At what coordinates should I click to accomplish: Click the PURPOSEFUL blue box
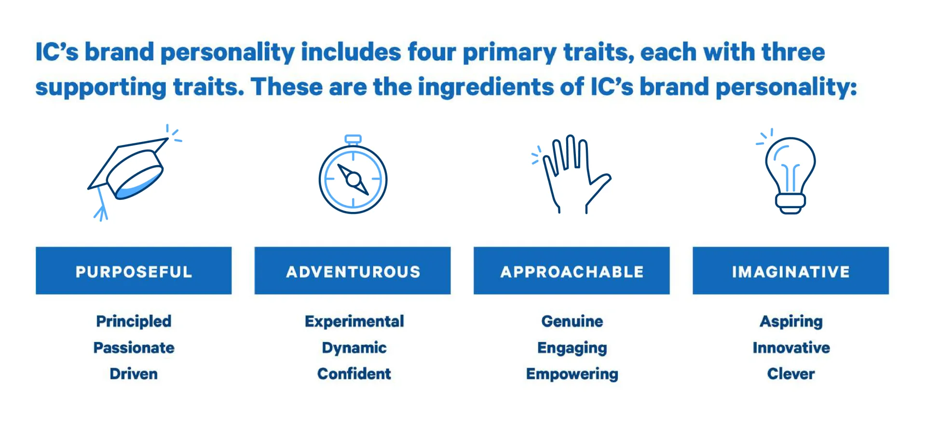(x=134, y=271)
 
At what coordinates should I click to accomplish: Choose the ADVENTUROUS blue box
(x=353, y=271)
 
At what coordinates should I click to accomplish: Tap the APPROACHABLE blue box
(x=572, y=271)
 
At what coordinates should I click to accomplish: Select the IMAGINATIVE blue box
(x=790, y=271)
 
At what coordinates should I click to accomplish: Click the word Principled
(x=134, y=321)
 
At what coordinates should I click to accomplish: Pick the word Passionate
(x=134, y=348)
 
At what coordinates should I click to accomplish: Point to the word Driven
(x=134, y=374)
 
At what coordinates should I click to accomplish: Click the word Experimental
(x=354, y=321)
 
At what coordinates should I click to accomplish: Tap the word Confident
(x=354, y=374)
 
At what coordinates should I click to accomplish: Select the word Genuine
(x=572, y=321)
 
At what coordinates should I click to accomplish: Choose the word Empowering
(x=572, y=374)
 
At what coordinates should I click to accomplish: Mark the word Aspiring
(x=791, y=322)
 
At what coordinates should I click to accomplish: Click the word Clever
(x=791, y=374)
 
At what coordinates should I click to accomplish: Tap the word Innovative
(x=791, y=348)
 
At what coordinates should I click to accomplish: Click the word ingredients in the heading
(x=486, y=87)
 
